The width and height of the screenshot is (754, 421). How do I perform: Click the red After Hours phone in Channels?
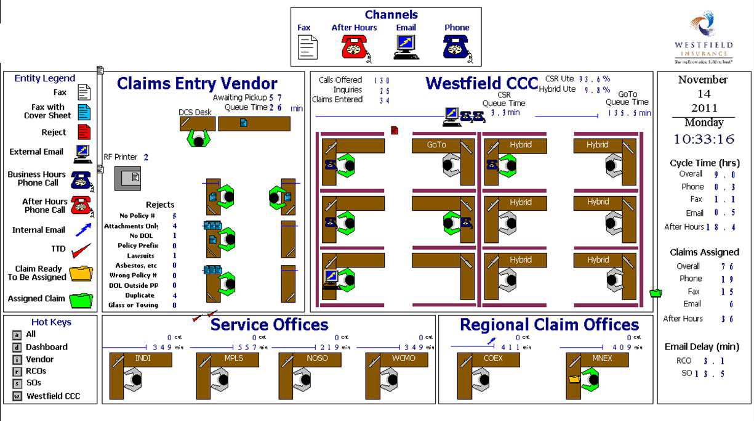coord(355,46)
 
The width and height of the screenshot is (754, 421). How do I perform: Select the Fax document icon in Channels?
coord(307,47)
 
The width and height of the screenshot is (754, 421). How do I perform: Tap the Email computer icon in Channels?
coord(406,47)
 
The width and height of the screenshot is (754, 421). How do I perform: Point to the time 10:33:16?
coord(704,139)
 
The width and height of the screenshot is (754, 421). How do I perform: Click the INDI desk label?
coord(142,358)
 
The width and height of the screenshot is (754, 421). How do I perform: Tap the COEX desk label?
coord(493,358)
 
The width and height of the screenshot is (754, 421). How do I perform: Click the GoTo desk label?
coord(436,145)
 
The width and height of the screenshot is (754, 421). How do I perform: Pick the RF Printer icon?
coord(127,178)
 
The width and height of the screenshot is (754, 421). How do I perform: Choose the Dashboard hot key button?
coord(17,347)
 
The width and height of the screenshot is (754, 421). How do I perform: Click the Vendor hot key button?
coord(17,359)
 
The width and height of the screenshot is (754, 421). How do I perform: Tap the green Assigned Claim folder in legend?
coord(81,300)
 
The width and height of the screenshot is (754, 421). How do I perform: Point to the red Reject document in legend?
coord(84,132)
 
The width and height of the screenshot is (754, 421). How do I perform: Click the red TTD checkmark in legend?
coord(81,250)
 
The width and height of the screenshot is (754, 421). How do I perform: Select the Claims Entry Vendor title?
coord(197,83)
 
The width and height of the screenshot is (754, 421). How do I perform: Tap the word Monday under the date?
coord(704,122)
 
